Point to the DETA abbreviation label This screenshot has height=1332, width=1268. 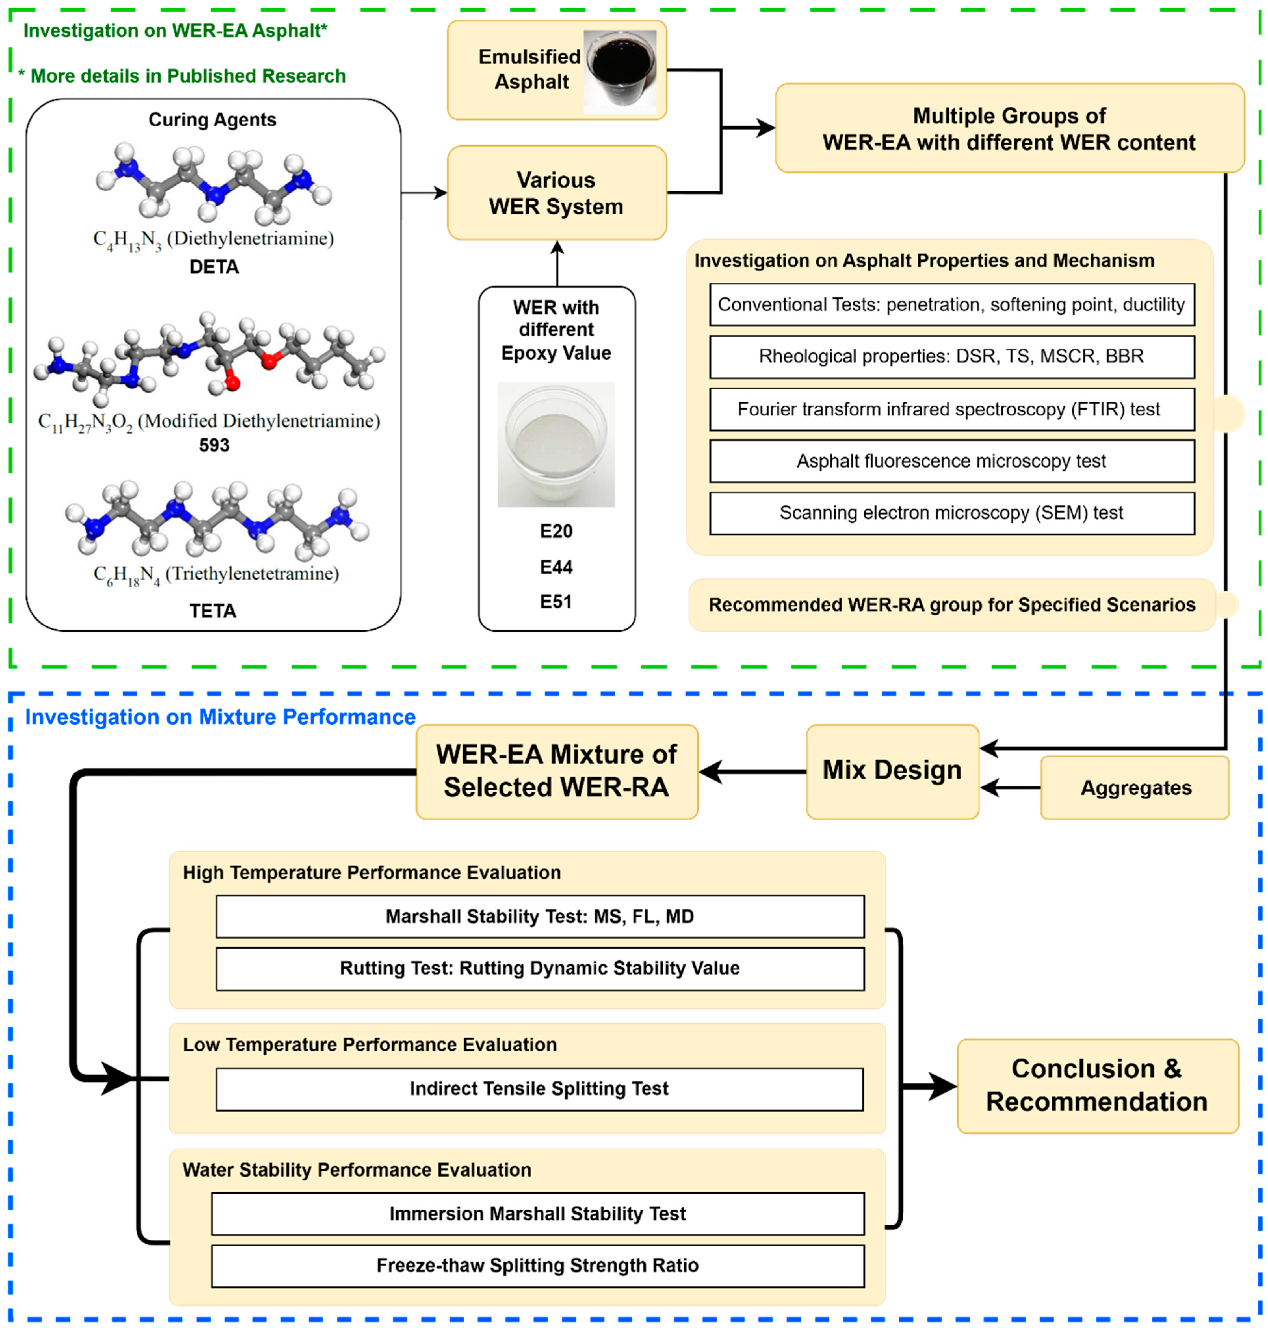214,267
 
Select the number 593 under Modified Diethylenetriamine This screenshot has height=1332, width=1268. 214,445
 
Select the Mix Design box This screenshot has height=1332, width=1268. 892,771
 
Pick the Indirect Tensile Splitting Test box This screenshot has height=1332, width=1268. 539,1088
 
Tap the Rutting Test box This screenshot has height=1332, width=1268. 539,968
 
